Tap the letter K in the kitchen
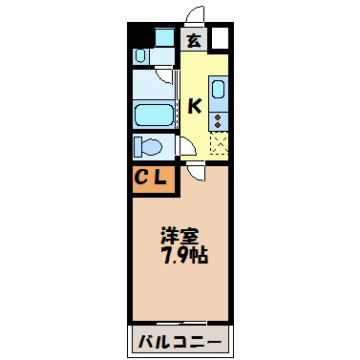tap(194, 105)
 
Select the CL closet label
tap(152, 178)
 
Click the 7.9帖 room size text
tap(184, 256)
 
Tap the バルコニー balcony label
tap(180, 341)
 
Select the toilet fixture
tap(149, 147)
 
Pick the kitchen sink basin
tap(218, 94)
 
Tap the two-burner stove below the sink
tap(218, 119)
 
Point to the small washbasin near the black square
tap(141, 57)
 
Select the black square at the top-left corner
tap(140, 38)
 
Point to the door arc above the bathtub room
tap(165, 76)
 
